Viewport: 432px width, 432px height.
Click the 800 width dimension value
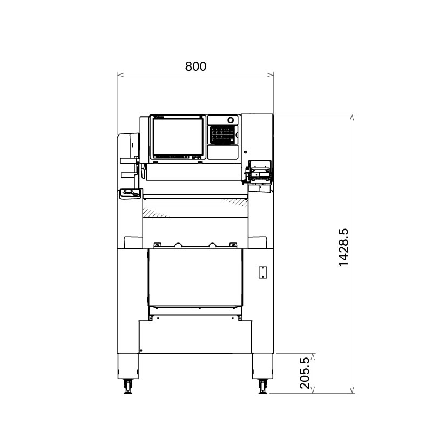click(195, 66)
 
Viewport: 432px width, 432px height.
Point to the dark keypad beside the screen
click(223, 134)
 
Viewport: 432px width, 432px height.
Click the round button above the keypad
click(231, 120)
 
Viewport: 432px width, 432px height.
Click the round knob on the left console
click(129, 191)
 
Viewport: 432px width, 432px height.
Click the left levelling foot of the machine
click(129, 387)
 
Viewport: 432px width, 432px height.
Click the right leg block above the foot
click(262, 367)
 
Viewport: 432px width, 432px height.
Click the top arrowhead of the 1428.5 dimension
click(352, 116)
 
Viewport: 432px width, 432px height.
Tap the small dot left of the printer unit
click(245, 152)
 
